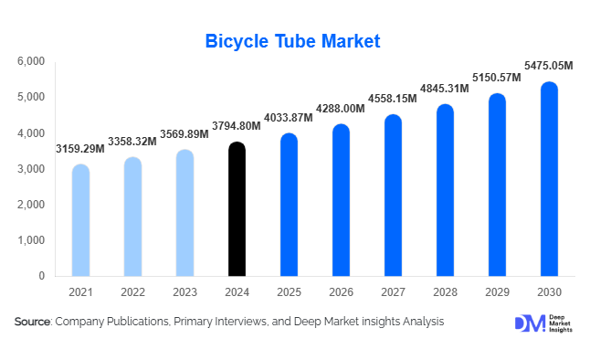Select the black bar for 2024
[x=237, y=209]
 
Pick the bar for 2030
[x=548, y=179]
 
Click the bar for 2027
[x=392, y=196]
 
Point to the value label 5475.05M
[x=548, y=65]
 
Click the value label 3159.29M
[x=80, y=148]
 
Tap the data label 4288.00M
[x=340, y=108]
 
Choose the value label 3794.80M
[x=237, y=126]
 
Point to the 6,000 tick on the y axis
[x=31, y=61]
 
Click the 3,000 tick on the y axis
[x=31, y=169]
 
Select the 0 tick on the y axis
[x=41, y=276]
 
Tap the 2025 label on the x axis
[x=289, y=291]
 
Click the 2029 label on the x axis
[x=496, y=291]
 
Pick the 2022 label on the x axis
[x=132, y=291]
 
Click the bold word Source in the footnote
[x=33, y=322]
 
